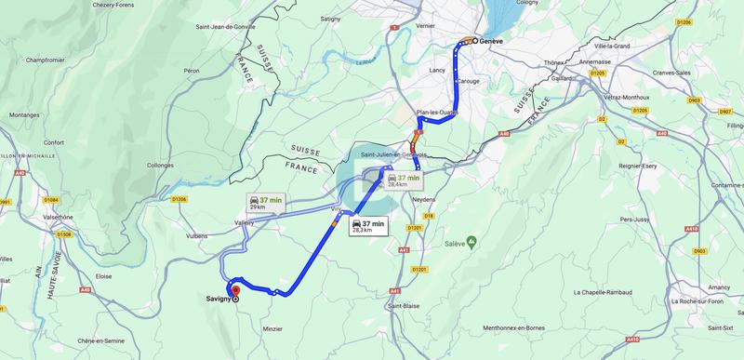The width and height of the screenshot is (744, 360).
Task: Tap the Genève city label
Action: [x=489, y=42]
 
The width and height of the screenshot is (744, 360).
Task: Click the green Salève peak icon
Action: [x=472, y=242]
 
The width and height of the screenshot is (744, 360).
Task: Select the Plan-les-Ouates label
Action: [x=437, y=113]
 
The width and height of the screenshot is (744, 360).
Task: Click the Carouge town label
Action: [x=467, y=81]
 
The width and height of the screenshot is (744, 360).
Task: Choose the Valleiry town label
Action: [x=245, y=223]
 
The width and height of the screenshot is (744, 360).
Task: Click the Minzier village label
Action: [x=272, y=328]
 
